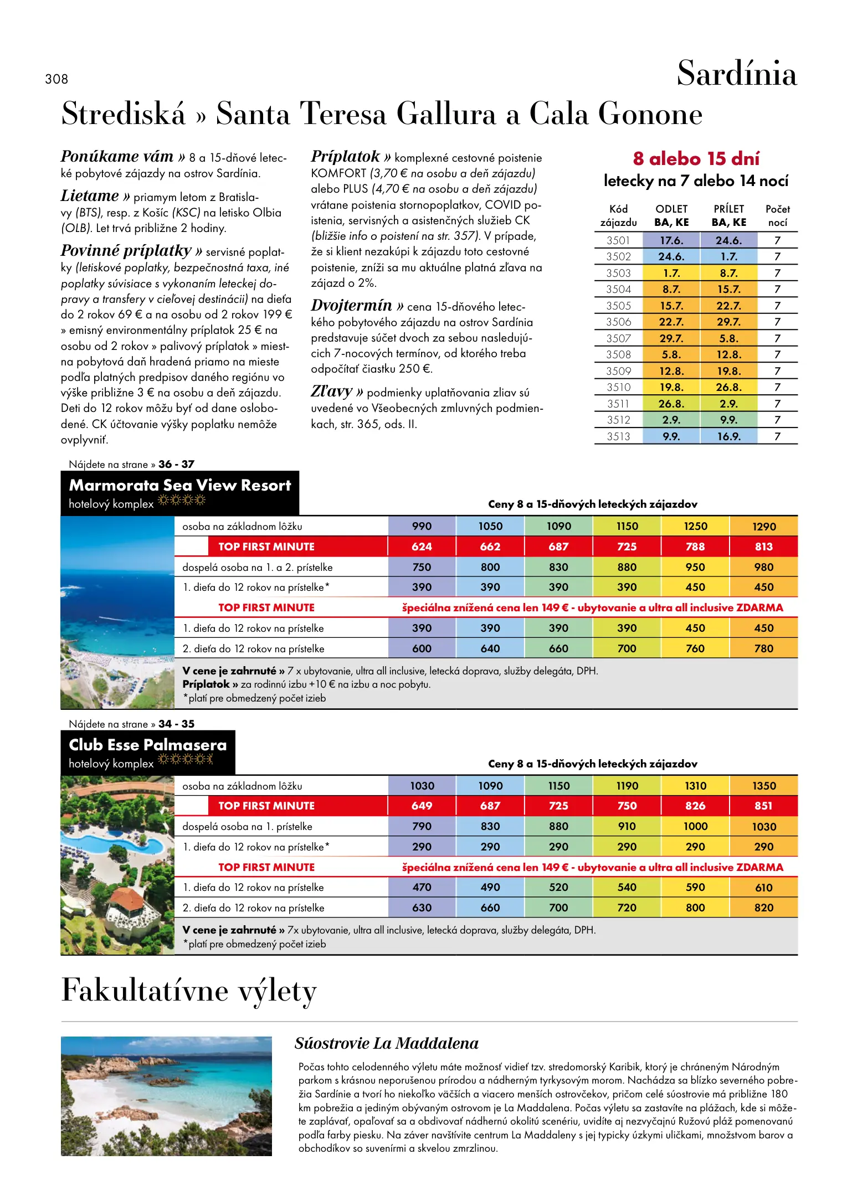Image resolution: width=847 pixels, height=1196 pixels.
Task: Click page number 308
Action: [57, 79]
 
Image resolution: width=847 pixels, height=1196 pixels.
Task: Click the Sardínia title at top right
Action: [736, 74]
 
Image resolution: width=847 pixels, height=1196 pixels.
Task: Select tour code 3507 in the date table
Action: [618, 338]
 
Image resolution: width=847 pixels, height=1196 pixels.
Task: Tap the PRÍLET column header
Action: [728, 209]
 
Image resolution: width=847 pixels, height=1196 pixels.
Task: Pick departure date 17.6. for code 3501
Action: [671, 240]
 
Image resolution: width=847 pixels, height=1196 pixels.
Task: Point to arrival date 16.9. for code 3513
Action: [728, 436]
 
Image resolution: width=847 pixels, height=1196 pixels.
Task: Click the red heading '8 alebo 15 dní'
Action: [696, 159]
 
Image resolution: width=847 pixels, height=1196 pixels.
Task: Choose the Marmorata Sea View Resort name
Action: [179, 486]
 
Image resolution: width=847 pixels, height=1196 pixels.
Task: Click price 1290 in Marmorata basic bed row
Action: [764, 527]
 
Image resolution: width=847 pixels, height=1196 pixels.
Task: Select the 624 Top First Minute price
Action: [422, 547]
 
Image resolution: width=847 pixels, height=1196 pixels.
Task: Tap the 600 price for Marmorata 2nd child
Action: [422, 648]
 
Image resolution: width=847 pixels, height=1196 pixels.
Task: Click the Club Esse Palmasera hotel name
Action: [148, 745]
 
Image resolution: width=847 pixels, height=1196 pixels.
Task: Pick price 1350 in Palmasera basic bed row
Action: [764, 786]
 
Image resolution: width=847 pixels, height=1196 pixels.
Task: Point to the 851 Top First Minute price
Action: [764, 806]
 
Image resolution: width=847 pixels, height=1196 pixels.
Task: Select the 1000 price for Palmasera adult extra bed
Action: [695, 826]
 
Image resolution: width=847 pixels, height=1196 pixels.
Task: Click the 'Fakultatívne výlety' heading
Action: [189, 991]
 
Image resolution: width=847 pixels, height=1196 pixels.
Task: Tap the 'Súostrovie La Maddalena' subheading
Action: [387, 1043]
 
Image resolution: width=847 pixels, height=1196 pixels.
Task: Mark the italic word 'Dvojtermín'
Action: [352, 305]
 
